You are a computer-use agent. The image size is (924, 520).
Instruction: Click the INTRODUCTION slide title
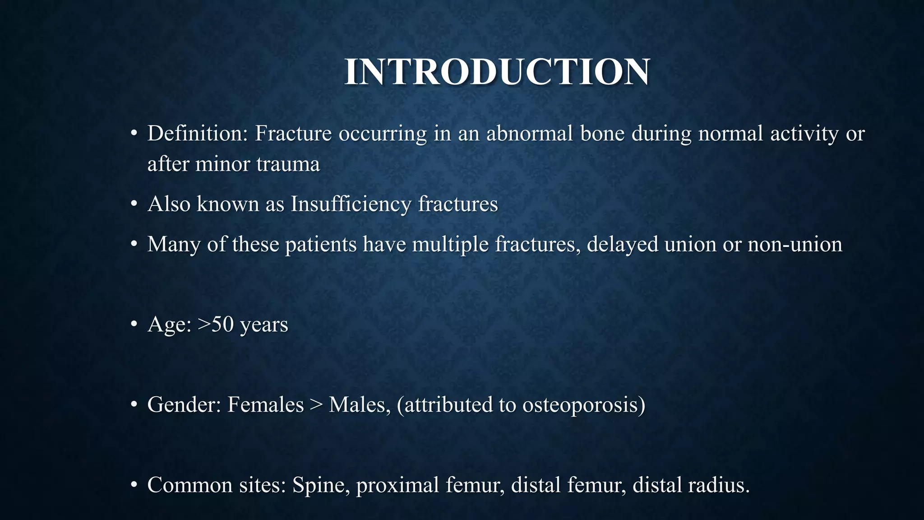point(497,72)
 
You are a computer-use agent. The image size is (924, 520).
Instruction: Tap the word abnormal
point(530,134)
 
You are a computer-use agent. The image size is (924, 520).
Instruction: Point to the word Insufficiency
point(351,204)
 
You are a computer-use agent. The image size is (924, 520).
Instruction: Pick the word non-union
point(795,245)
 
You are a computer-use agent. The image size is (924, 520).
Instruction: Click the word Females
point(265,404)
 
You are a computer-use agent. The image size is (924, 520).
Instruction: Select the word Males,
point(360,404)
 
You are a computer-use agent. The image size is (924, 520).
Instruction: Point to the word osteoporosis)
point(584,404)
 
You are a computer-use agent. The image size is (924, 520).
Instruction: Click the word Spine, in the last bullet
point(321,485)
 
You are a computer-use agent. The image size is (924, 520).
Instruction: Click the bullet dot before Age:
point(134,325)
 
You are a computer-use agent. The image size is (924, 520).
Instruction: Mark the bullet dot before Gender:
point(134,405)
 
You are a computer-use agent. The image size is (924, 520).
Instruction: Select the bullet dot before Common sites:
point(134,485)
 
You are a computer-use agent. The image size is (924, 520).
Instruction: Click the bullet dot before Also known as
point(134,204)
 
